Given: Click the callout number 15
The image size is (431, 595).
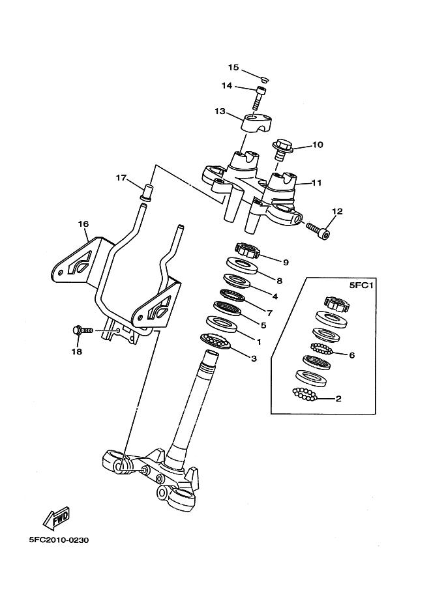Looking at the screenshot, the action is pos(233,67).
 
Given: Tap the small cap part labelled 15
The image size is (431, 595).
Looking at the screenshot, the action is pos(265,79).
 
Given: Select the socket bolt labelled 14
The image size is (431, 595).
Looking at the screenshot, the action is pos(260,98).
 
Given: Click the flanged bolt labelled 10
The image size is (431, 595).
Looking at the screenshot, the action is pos(282,149).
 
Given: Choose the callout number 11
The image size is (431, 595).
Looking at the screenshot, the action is pos(316,182).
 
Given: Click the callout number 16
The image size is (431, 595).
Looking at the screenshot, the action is pos(83,224).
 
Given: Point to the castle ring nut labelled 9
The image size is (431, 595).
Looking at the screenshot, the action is pos(247,250).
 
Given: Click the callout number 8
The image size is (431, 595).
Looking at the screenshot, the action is pos(280,281).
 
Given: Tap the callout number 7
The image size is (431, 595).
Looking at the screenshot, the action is pos(269,313).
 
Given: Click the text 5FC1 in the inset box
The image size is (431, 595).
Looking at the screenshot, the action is pos(361,285).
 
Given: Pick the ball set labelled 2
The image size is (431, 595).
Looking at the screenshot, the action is pos(305,394).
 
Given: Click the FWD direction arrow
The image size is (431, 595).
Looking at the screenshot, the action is pos(57,518).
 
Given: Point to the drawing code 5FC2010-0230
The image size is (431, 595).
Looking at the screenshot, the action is pos(59,540).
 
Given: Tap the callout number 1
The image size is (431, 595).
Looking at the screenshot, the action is pos(259,342).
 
